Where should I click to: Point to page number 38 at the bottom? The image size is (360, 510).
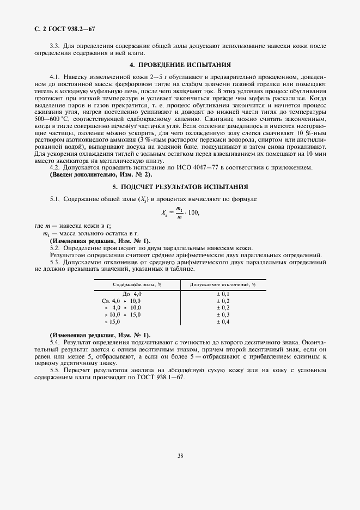[x=180, y=456]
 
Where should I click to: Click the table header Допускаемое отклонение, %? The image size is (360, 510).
[x=223, y=284]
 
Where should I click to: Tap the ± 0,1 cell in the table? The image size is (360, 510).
[x=223, y=294]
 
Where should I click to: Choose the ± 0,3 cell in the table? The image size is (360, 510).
[x=223, y=315]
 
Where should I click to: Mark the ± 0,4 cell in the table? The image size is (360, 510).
[x=223, y=322]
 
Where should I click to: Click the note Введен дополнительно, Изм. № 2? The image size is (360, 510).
[x=101, y=174]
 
